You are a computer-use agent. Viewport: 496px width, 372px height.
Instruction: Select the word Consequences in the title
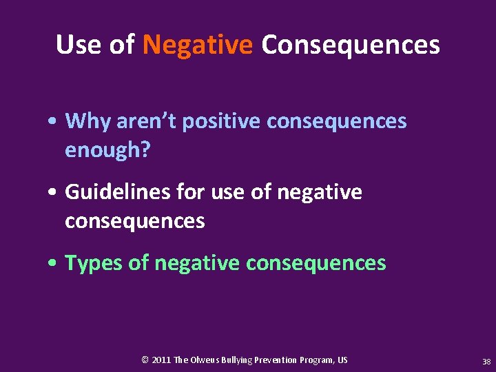point(350,45)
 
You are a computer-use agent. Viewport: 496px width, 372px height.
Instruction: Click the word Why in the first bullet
point(88,121)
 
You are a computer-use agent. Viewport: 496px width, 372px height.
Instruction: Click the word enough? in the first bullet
point(107,150)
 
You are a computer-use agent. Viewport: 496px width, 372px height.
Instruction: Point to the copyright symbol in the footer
point(145,360)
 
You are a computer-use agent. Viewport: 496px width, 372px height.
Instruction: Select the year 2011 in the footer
point(161,360)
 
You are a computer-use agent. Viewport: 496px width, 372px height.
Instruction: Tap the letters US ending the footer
point(342,360)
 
